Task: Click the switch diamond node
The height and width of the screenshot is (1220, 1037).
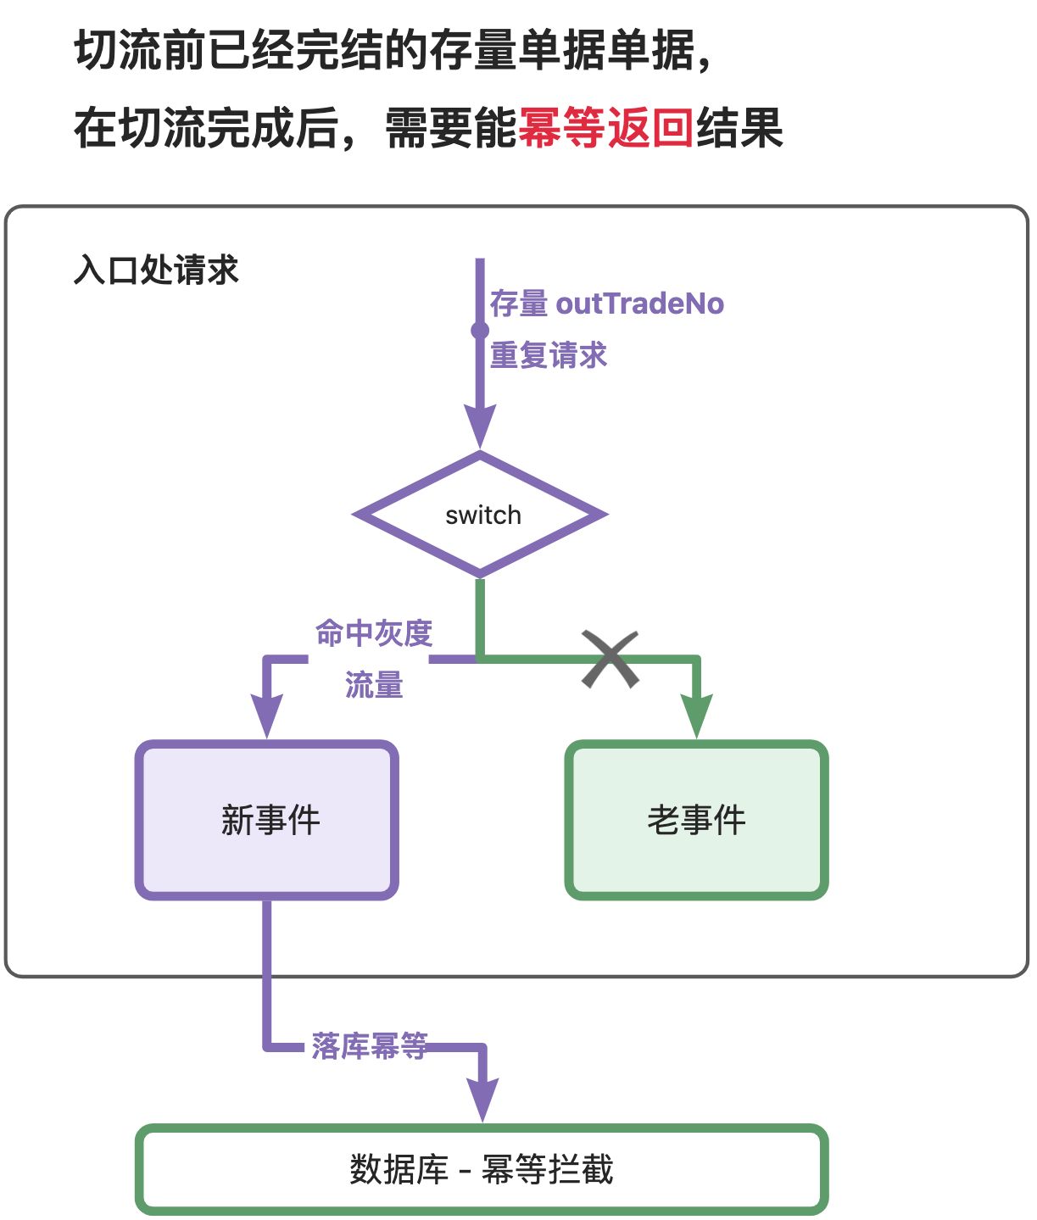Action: click(480, 515)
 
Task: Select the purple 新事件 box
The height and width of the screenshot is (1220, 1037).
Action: click(267, 820)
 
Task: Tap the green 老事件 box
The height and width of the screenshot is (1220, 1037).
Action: click(696, 820)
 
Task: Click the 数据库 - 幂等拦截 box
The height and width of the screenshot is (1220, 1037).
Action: click(482, 1169)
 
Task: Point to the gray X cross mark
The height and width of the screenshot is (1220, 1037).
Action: click(610, 659)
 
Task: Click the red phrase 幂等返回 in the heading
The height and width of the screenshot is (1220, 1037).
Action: click(605, 128)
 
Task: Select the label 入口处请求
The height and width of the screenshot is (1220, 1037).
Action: click(156, 270)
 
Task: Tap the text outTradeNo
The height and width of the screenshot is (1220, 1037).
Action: click(640, 304)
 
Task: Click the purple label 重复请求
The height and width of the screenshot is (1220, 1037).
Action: click(549, 355)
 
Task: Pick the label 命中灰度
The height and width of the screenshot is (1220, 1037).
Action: click(374, 633)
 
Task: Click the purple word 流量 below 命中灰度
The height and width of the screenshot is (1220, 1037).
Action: click(374, 684)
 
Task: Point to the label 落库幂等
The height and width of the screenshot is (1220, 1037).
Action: click(370, 1046)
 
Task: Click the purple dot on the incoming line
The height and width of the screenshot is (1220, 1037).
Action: click(480, 330)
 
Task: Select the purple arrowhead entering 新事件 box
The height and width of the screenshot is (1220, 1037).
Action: click(267, 716)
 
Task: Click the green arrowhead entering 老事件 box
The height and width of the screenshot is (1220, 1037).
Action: click(696, 716)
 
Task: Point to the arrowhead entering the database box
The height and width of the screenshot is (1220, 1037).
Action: click(482, 1100)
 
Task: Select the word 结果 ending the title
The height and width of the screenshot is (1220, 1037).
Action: click(739, 128)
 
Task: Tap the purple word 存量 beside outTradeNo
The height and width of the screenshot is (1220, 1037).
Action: click(519, 304)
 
